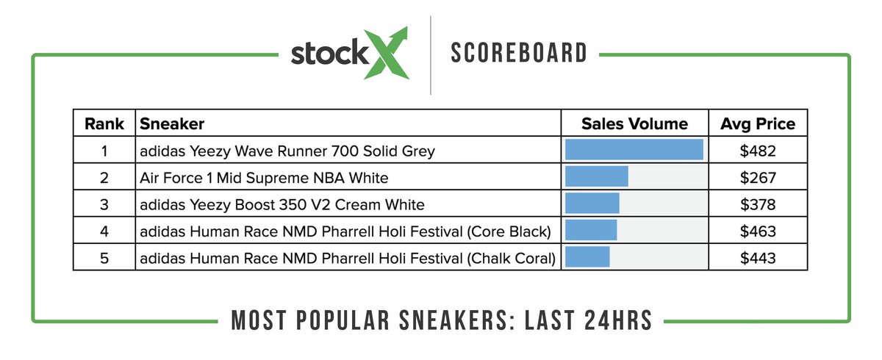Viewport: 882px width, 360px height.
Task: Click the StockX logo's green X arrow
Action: coord(387,54)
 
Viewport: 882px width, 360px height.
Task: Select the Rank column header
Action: coord(104,123)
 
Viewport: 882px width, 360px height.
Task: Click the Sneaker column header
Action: coord(172,123)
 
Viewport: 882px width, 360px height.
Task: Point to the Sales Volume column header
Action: coord(634,123)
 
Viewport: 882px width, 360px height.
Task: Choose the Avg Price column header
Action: coord(758,123)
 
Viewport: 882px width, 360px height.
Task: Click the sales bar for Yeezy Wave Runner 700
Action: coord(634,150)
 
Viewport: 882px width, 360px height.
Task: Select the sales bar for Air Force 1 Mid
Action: coord(596,177)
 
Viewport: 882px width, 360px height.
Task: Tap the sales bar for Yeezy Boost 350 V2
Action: coord(592,204)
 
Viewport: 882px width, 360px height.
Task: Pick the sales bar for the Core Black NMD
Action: coord(590,231)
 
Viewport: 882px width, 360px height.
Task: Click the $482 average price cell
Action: coord(758,151)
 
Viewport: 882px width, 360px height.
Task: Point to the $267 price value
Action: coord(758,178)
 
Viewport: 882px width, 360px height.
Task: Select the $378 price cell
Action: coord(758,204)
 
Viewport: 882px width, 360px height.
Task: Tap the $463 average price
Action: coord(758,231)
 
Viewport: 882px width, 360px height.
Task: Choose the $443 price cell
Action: coord(758,258)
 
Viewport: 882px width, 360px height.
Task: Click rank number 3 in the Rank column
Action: coord(104,204)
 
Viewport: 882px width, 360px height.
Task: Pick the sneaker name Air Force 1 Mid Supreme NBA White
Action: coord(264,178)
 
